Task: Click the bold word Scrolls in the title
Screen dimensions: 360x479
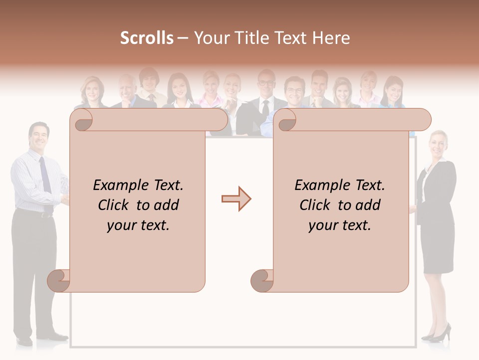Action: (147, 38)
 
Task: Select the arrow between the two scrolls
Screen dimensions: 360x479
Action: (236, 199)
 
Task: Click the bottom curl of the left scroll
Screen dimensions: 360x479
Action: (59, 280)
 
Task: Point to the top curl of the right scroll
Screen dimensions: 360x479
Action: (286, 120)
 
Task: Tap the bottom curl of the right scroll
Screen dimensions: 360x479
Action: (262, 280)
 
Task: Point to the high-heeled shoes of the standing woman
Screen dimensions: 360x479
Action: (438, 334)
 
